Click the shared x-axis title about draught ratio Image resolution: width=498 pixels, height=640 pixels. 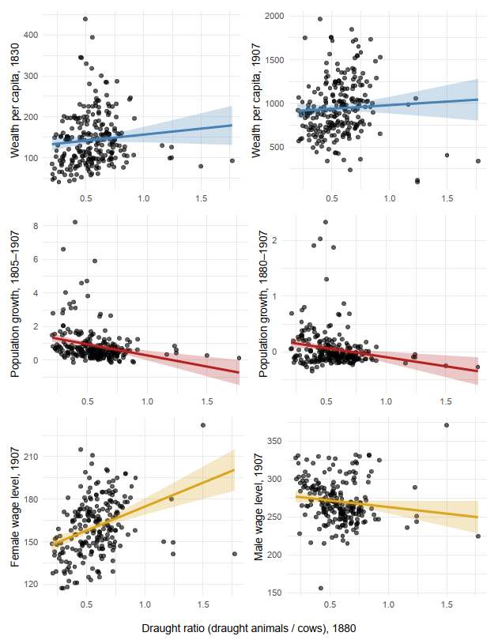[249, 628]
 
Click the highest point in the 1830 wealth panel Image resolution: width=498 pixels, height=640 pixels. [85, 19]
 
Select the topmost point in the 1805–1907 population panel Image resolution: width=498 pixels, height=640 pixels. [75, 222]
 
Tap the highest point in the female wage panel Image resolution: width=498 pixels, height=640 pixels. [202, 425]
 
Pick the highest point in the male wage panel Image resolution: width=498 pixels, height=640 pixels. [447, 425]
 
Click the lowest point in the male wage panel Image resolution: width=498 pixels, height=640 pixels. [321, 588]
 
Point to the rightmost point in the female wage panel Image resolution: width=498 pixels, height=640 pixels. [235, 554]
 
